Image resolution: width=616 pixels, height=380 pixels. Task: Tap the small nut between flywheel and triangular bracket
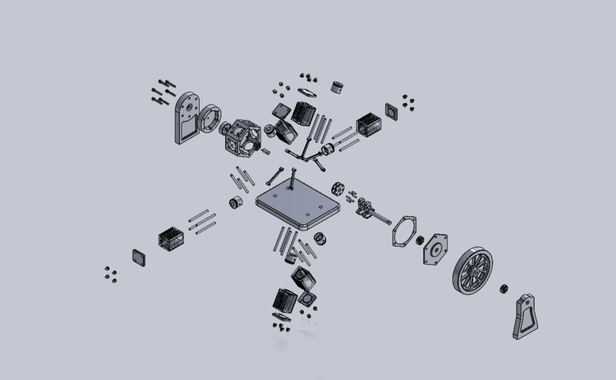(504, 288)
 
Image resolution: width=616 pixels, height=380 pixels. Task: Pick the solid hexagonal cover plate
(435, 249)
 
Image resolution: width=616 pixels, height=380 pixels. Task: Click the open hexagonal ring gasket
(404, 231)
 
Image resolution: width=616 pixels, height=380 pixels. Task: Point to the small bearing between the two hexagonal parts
(420, 240)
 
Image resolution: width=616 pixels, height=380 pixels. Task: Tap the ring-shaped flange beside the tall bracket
(209, 119)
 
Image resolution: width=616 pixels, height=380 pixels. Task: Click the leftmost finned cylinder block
(171, 239)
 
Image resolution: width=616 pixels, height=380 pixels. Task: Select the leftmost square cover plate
(139, 257)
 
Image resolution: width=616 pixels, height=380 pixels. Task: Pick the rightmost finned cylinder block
(368, 125)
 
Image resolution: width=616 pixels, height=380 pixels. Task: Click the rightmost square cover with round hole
(392, 110)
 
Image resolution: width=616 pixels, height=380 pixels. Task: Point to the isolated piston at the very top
(337, 87)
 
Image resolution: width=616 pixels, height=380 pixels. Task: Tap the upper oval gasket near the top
(307, 94)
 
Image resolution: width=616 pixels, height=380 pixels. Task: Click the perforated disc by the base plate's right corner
(338, 189)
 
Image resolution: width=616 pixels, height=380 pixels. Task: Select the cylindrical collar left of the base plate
(235, 203)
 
